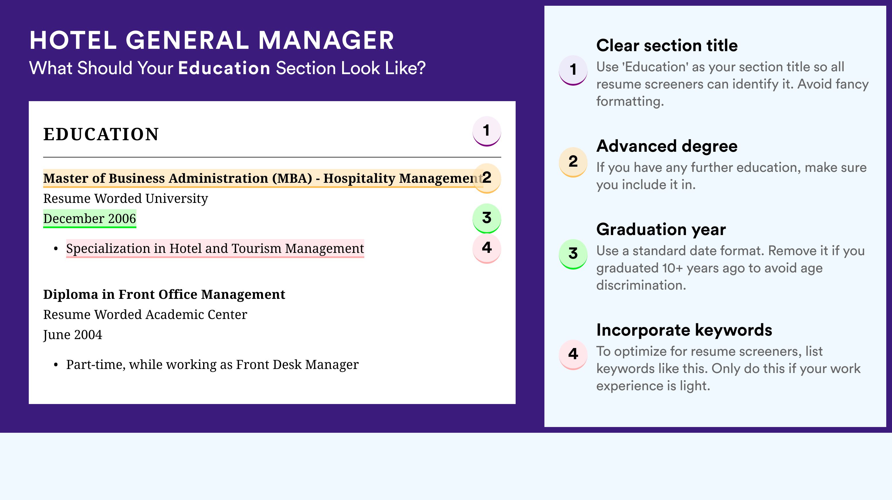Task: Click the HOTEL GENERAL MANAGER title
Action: pos(211,41)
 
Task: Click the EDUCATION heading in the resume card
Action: pos(101,134)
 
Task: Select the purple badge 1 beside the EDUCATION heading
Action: pos(487,131)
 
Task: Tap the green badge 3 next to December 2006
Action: pos(487,218)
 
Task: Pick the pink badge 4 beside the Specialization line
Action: pos(487,248)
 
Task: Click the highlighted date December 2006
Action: pos(89,218)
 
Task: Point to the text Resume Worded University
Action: pos(125,199)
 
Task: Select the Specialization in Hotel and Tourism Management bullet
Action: pos(215,249)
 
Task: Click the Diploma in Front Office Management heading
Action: pos(164,294)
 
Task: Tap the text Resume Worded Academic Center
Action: pos(145,315)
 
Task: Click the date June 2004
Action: pos(73,335)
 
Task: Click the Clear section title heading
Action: pos(667,45)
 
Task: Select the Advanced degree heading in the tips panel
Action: pos(667,146)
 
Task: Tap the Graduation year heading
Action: pos(661,229)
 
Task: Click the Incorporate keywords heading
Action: pos(684,330)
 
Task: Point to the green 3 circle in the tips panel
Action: pos(573,253)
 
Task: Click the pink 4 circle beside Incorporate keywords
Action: pos(573,354)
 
